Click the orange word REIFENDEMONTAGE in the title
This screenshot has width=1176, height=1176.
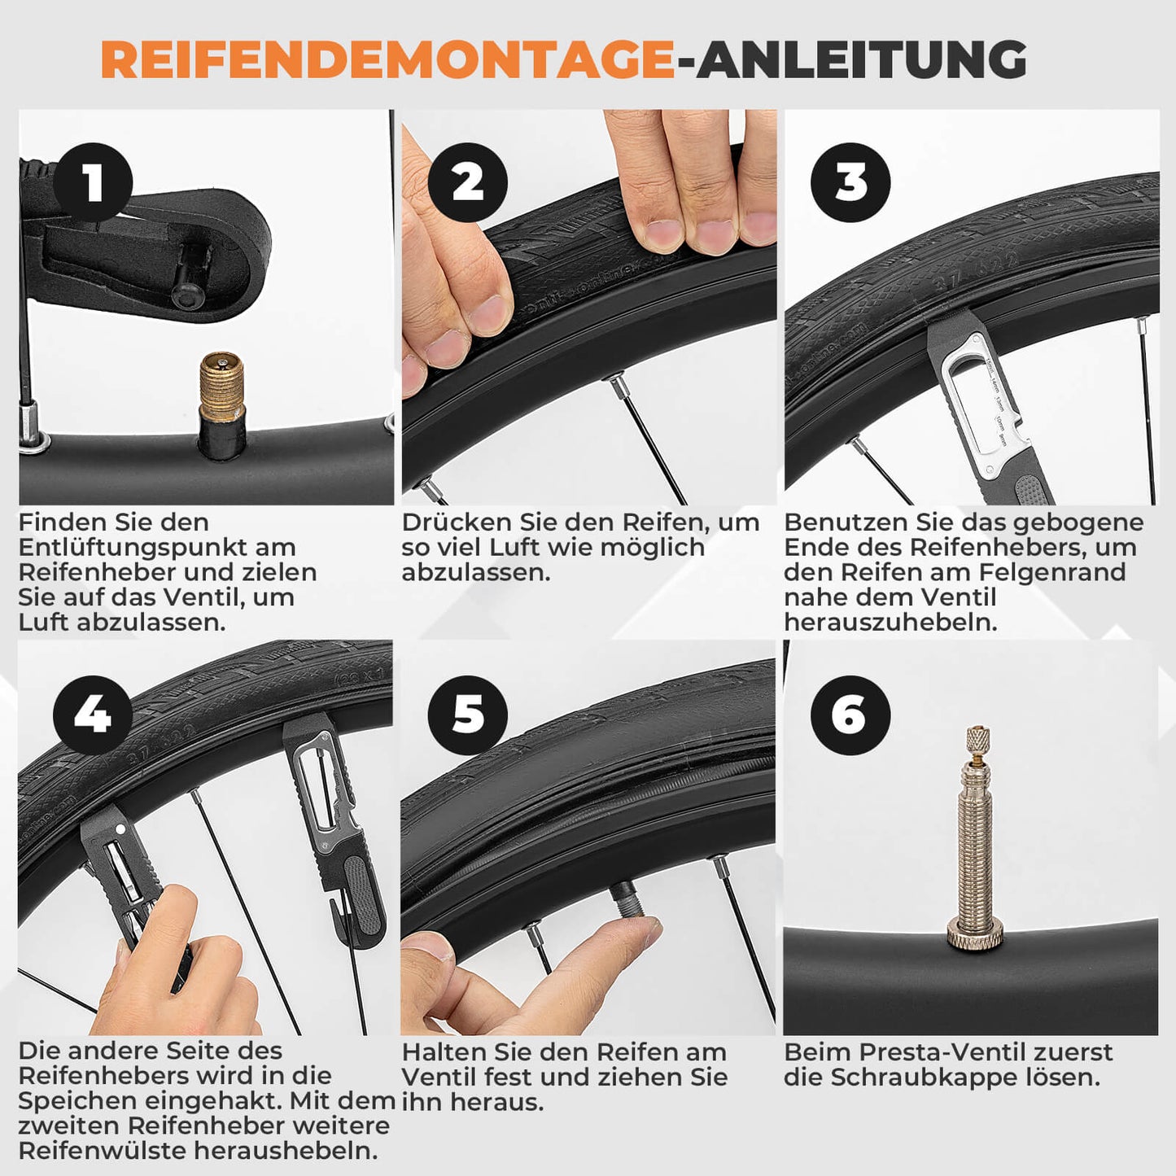387,59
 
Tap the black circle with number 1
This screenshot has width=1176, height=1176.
93,182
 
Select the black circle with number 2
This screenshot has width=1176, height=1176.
468,182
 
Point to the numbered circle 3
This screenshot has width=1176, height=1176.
850,182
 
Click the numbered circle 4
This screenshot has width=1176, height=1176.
93,715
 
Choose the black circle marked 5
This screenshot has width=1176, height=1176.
468,715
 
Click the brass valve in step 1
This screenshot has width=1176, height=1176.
222,391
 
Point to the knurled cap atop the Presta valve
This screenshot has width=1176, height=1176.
977,739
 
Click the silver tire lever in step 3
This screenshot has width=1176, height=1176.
989,407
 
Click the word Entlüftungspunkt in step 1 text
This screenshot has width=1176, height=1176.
157,548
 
